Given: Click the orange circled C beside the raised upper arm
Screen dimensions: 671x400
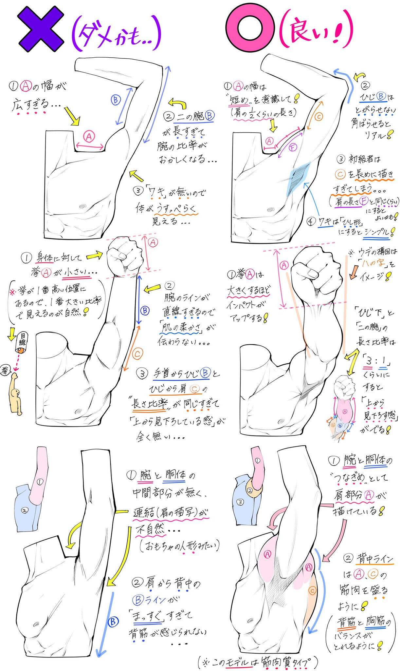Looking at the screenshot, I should coord(318,116).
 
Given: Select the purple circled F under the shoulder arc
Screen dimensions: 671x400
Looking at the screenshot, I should coord(293,147).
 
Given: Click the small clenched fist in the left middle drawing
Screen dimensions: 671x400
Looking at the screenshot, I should coord(124,255).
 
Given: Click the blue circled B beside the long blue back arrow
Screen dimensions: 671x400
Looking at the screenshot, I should coord(113,622).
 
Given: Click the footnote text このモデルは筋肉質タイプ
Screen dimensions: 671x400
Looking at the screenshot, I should coord(259,662).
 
